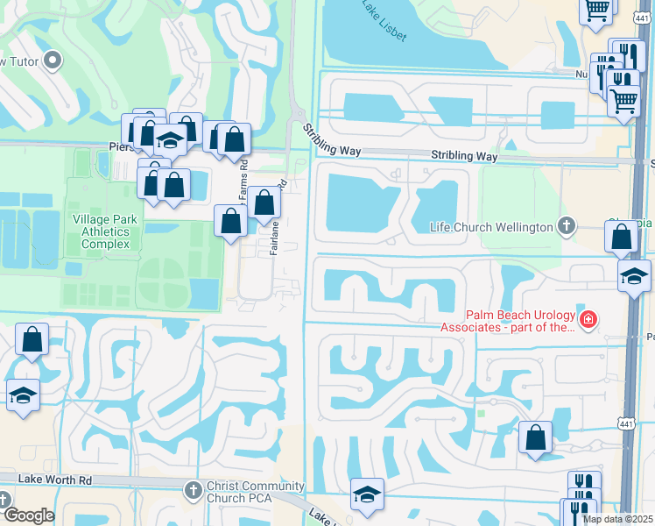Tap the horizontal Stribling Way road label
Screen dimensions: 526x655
[x=464, y=156]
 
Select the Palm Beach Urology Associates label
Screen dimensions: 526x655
[x=519, y=321]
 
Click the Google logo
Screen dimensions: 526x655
[x=28, y=515]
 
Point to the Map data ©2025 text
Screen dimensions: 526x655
[x=616, y=519]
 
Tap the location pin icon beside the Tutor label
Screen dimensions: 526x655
[x=53, y=60]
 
